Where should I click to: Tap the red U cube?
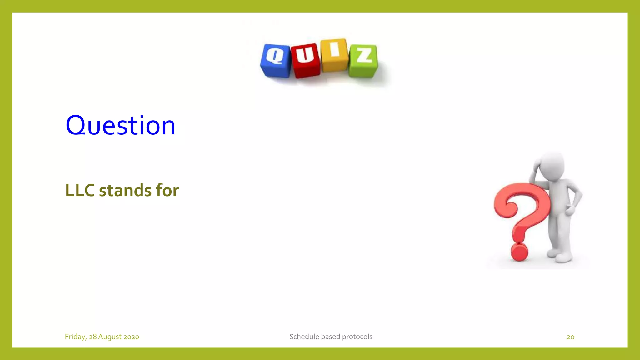click(x=306, y=61)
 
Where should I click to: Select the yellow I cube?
click(x=334, y=55)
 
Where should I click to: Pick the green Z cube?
click(x=363, y=61)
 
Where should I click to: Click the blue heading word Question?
click(x=120, y=125)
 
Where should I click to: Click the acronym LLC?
click(x=80, y=190)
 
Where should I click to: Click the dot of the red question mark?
click(x=519, y=252)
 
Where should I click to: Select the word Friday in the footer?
click(x=75, y=337)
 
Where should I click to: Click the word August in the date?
click(x=110, y=337)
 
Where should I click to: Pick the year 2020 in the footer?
click(x=131, y=337)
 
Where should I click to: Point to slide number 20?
click(x=570, y=337)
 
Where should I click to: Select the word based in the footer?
click(x=330, y=337)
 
